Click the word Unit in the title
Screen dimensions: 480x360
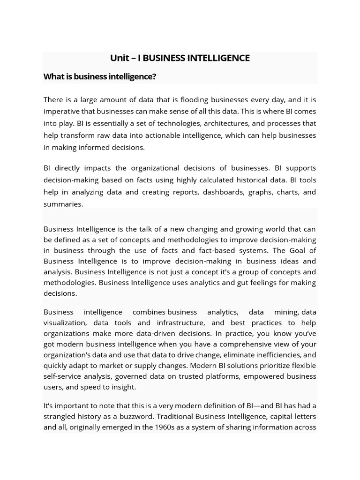(119, 58)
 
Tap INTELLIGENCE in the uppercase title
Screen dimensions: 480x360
(218, 58)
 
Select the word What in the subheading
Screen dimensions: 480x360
(53, 76)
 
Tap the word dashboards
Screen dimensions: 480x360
(209, 192)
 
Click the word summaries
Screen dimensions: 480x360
(63, 204)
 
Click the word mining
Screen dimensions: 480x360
(286, 312)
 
